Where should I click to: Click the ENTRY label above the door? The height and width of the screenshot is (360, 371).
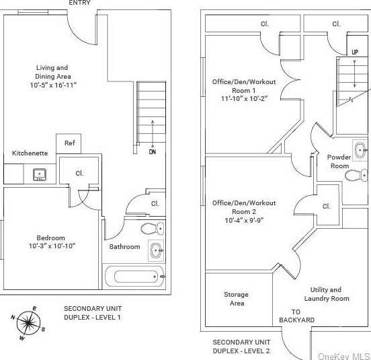(79, 3)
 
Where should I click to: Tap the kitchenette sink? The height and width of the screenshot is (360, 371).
(40, 174)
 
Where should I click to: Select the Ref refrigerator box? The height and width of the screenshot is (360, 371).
(69, 144)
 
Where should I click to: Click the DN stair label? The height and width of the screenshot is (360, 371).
(153, 151)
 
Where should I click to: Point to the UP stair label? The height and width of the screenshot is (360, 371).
(355, 52)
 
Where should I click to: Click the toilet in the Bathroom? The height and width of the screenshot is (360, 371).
(153, 229)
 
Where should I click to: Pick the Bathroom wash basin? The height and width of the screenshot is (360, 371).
(156, 250)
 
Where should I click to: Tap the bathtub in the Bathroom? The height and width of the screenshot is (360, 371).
(134, 277)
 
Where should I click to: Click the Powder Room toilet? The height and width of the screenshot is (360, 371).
(356, 176)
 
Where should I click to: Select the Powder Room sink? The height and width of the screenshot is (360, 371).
(360, 151)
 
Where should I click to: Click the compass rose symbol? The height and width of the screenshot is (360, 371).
(28, 323)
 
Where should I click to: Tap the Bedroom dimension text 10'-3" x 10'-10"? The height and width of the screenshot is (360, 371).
(52, 246)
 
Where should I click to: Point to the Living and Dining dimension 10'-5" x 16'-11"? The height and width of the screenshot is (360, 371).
(53, 85)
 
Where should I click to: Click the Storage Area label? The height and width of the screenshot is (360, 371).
(237, 299)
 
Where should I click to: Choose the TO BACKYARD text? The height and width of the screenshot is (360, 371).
(296, 316)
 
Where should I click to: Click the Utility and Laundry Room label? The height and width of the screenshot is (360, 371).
(327, 294)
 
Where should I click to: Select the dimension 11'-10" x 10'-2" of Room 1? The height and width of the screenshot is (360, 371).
(244, 98)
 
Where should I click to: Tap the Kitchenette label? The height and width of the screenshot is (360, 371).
(30, 153)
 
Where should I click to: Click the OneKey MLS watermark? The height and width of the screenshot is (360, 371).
(344, 356)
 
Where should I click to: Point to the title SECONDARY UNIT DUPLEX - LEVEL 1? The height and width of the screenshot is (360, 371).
(93, 313)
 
